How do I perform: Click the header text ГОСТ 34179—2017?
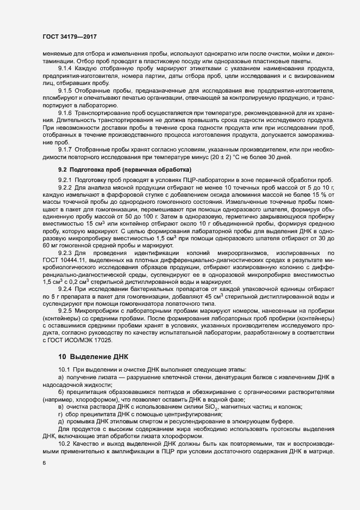[65, 37]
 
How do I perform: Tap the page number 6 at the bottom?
[45, 463]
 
